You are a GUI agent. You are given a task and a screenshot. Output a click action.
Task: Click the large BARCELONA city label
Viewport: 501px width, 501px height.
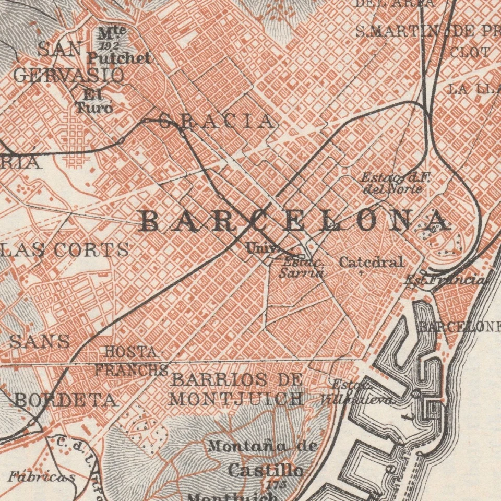pyautogui.click(x=295, y=221)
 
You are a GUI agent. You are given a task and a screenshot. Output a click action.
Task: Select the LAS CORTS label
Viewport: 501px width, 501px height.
pyautogui.click(x=65, y=249)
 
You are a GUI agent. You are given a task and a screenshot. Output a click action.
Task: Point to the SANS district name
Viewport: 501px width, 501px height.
pyautogui.click(x=40, y=342)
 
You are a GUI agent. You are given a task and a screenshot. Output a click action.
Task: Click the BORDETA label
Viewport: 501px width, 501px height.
pyautogui.click(x=65, y=400)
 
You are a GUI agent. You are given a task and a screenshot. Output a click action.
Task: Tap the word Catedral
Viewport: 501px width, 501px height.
pyautogui.click(x=371, y=262)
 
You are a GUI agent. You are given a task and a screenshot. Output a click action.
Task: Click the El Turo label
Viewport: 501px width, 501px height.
pyautogui.click(x=94, y=102)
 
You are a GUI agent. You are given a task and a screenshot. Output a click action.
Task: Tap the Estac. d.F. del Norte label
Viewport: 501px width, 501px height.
pyautogui.click(x=395, y=183)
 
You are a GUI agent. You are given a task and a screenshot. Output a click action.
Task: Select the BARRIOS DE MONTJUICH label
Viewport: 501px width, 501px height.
pyautogui.click(x=236, y=389)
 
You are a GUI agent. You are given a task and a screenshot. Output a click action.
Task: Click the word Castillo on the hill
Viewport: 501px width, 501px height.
pyautogui.click(x=265, y=470)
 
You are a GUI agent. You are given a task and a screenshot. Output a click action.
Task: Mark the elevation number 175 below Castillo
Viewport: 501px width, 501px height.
pyautogui.click(x=272, y=484)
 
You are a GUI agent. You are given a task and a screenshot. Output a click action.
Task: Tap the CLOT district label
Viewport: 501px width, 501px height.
pyautogui.click(x=469, y=52)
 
